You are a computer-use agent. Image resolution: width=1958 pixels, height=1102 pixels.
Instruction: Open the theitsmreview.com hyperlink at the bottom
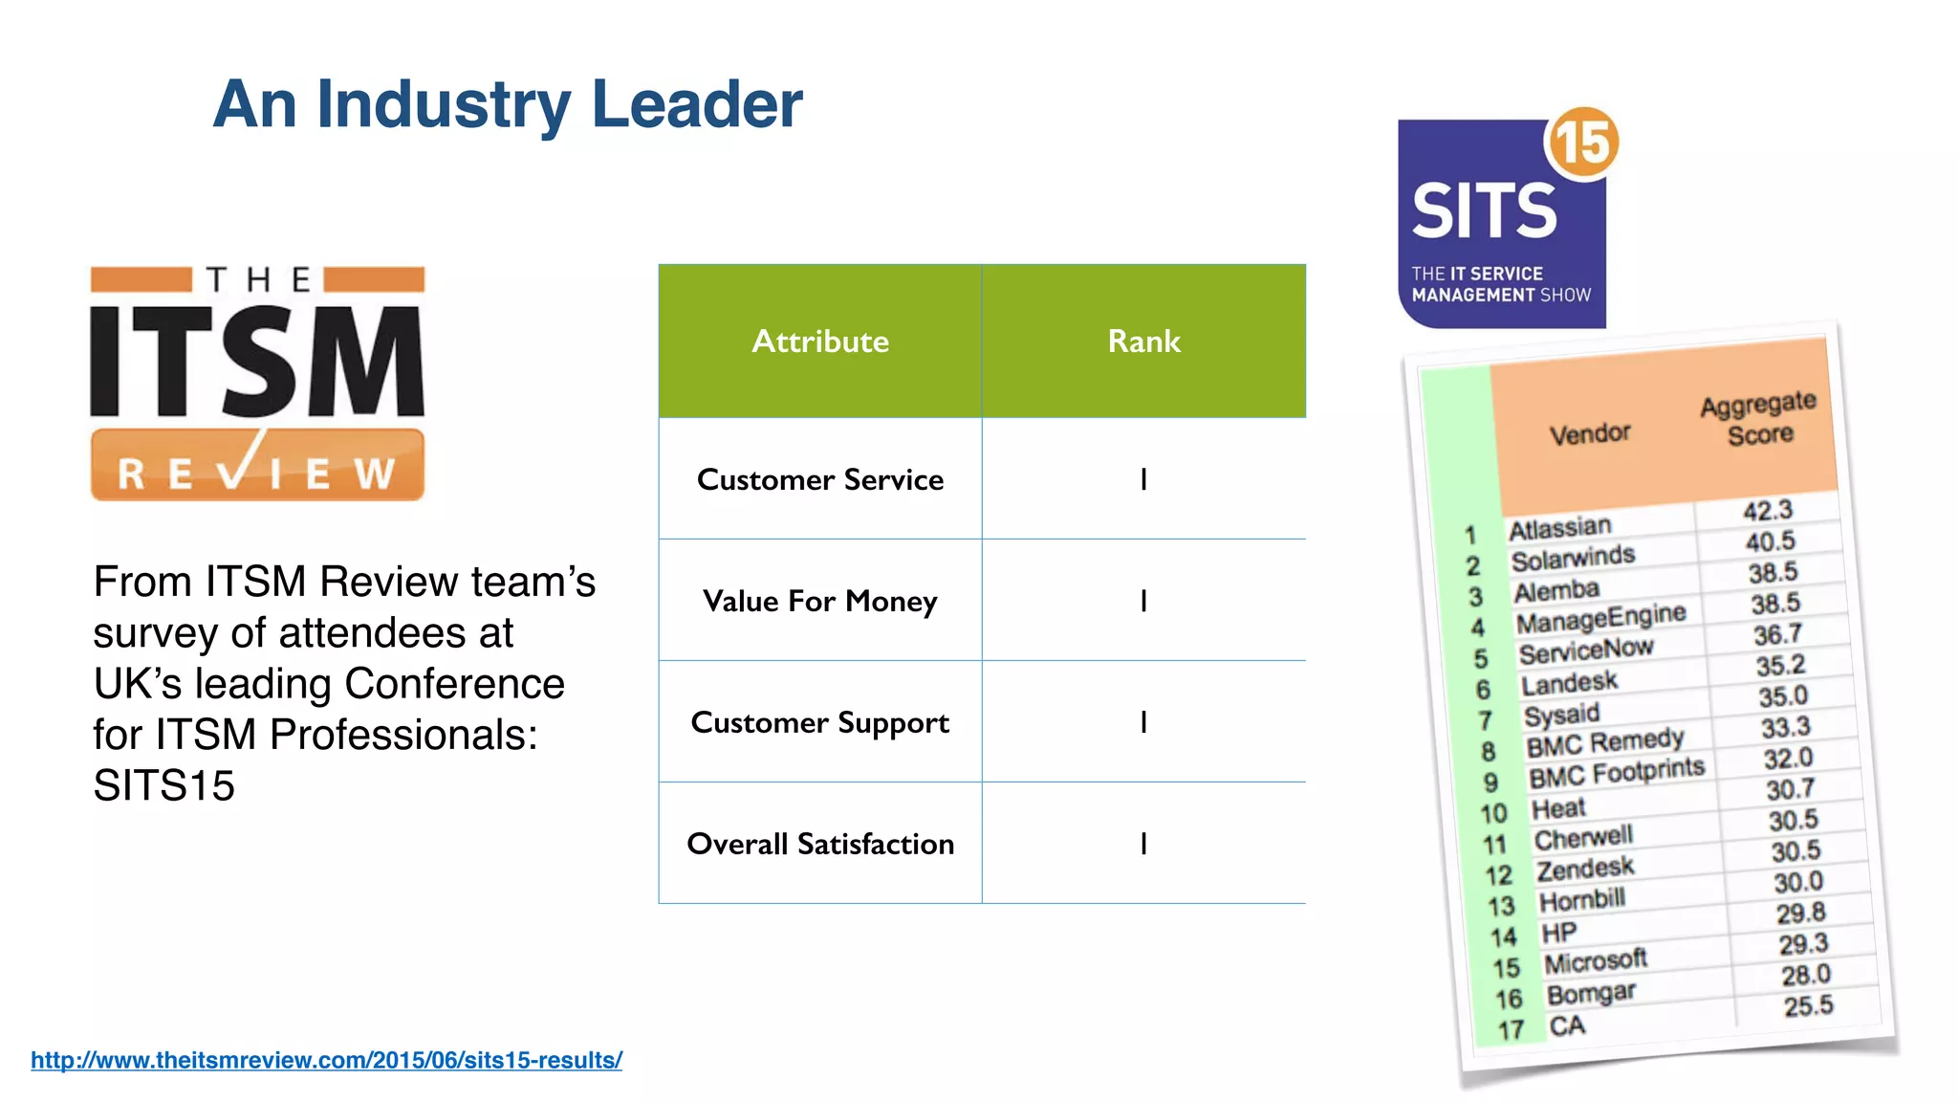pyautogui.click(x=326, y=1060)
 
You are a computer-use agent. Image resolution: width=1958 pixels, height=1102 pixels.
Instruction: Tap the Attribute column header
pyautogui.click(x=820, y=342)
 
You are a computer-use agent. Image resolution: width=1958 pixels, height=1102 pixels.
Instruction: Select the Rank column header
pyautogui.click(x=1143, y=342)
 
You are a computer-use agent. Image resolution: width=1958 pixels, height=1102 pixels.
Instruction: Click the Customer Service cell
pyautogui.click(x=820, y=479)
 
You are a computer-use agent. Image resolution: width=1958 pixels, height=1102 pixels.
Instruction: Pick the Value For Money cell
pyautogui.click(x=820, y=601)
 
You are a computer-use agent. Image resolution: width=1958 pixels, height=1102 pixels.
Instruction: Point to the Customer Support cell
pyautogui.click(x=820, y=722)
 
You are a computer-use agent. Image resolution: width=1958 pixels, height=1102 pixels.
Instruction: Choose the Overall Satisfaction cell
pyautogui.click(x=820, y=844)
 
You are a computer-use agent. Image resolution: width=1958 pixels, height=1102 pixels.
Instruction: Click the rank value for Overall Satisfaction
pyautogui.click(x=1143, y=844)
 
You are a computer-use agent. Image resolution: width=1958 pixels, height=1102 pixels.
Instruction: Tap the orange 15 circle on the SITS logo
pyautogui.click(x=1583, y=143)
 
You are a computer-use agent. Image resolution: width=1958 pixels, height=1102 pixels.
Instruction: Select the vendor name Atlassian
pyautogui.click(x=1560, y=528)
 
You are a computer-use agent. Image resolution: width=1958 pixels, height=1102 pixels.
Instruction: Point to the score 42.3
pyautogui.click(x=1768, y=511)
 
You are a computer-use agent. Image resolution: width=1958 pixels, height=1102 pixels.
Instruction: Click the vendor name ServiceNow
pyautogui.click(x=1586, y=650)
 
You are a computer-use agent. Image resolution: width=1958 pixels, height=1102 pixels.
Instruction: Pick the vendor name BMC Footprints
pyautogui.click(x=1617, y=773)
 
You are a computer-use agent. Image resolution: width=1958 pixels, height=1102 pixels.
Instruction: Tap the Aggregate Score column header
pyautogui.click(x=1759, y=419)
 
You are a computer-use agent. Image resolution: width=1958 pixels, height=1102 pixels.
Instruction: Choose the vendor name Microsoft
pyautogui.click(x=1596, y=960)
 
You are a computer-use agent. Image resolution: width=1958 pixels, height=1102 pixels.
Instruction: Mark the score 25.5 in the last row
pyautogui.click(x=1808, y=1006)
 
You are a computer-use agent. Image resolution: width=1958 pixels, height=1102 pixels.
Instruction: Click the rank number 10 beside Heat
pyautogui.click(x=1493, y=814)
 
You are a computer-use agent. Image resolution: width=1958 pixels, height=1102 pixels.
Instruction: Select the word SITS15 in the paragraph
pyautogui.click(x=164, y=786)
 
